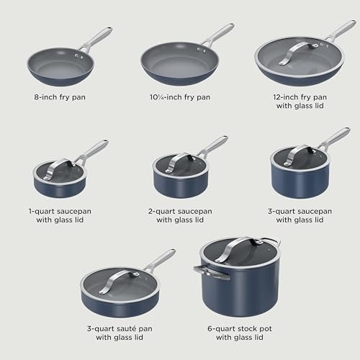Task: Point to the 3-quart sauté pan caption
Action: coord(120,328)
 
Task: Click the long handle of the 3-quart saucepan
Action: coord(331,138)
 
